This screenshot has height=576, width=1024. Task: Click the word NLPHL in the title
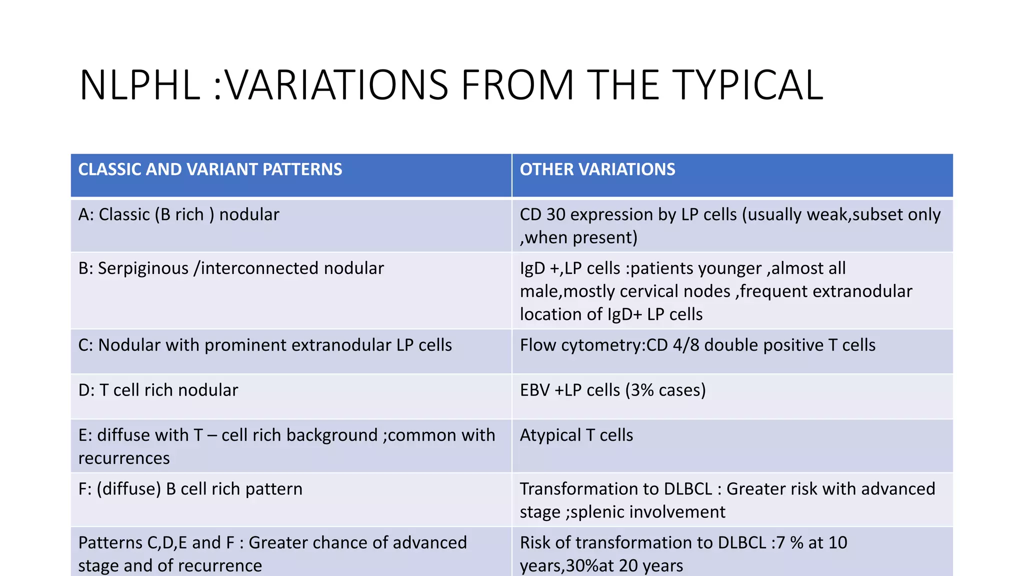140,85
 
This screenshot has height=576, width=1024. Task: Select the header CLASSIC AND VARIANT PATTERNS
210,169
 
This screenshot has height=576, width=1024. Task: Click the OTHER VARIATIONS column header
597,169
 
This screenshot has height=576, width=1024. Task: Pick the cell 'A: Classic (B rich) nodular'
178,214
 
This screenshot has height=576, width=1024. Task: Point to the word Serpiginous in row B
143,268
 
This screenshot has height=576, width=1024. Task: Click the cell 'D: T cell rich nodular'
158,390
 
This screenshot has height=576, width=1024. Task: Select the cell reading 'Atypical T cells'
576,435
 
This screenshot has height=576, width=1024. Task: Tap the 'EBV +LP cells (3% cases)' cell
612,390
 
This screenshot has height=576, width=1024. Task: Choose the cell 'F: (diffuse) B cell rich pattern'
190,489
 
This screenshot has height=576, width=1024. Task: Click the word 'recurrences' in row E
124,458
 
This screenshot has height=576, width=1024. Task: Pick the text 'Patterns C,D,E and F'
156,542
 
